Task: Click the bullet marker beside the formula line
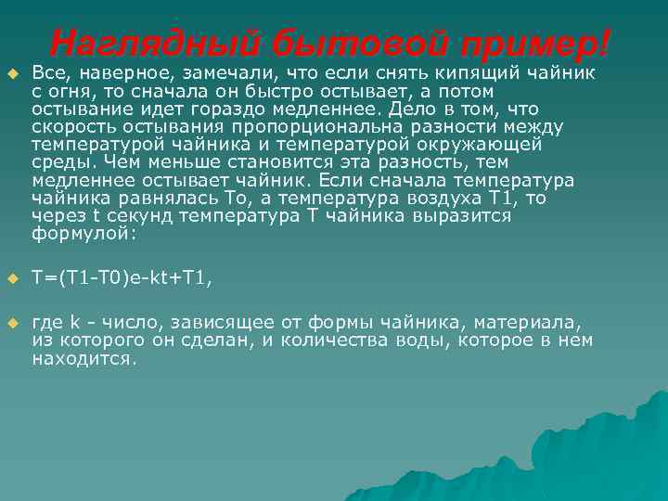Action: coord(12,277)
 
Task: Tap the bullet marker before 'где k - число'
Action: coord(12,323)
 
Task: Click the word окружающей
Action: coord(485,144)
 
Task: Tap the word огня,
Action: coord(68,91)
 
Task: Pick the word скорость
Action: coord(70,126)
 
